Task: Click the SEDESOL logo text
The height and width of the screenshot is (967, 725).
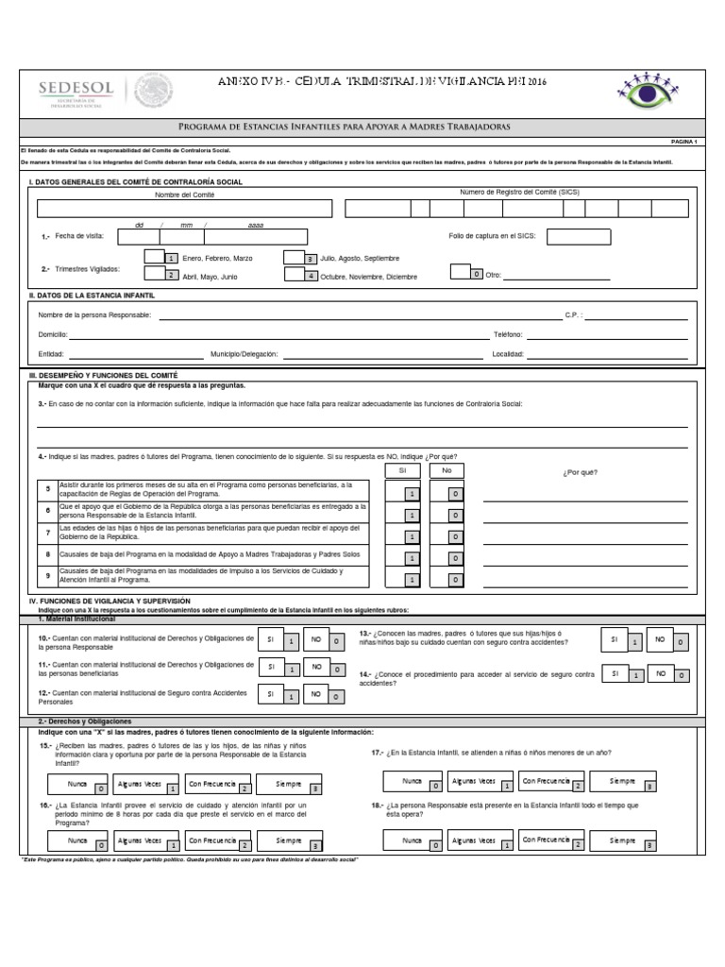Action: [x=76, y=87]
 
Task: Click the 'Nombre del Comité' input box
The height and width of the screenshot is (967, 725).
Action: [x=184, y=209]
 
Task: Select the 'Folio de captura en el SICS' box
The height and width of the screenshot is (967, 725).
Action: [x=578, y=236]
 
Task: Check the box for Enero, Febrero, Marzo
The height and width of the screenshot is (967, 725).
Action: [x=155, y=257]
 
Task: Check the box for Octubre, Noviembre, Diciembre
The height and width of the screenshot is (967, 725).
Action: [x=295, y=275]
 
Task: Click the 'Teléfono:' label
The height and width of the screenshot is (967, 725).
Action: [x=508, y=334]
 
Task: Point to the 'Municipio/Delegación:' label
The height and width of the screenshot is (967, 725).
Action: [x=245, y=353]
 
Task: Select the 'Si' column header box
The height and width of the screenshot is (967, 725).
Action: [x=402, y=469]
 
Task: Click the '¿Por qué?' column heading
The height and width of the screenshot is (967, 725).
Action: [x=579, y=472]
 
